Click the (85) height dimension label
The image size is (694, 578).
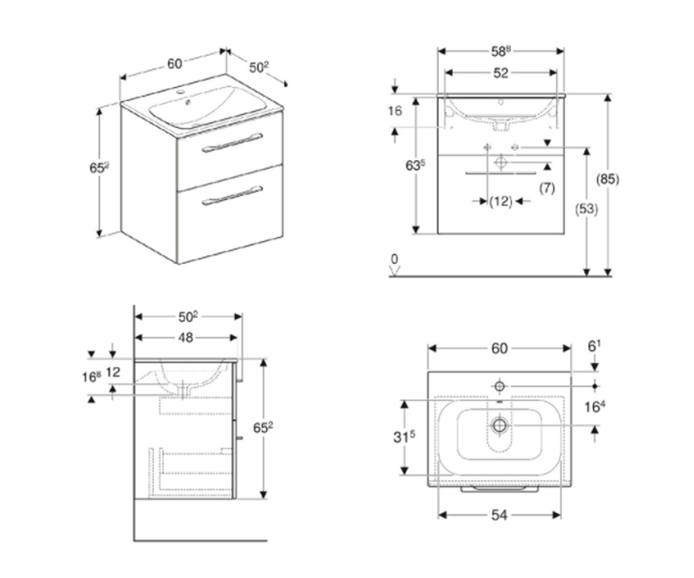608,180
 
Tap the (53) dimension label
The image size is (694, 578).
586,210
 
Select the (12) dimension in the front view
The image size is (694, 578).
501,201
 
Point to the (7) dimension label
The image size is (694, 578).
547,188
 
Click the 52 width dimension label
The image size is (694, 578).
501,73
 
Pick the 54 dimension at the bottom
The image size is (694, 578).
499,515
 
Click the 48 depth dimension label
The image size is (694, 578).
186,338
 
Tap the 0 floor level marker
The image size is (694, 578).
394,259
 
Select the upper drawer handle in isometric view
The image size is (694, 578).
232,143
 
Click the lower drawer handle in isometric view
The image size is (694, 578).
232,196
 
